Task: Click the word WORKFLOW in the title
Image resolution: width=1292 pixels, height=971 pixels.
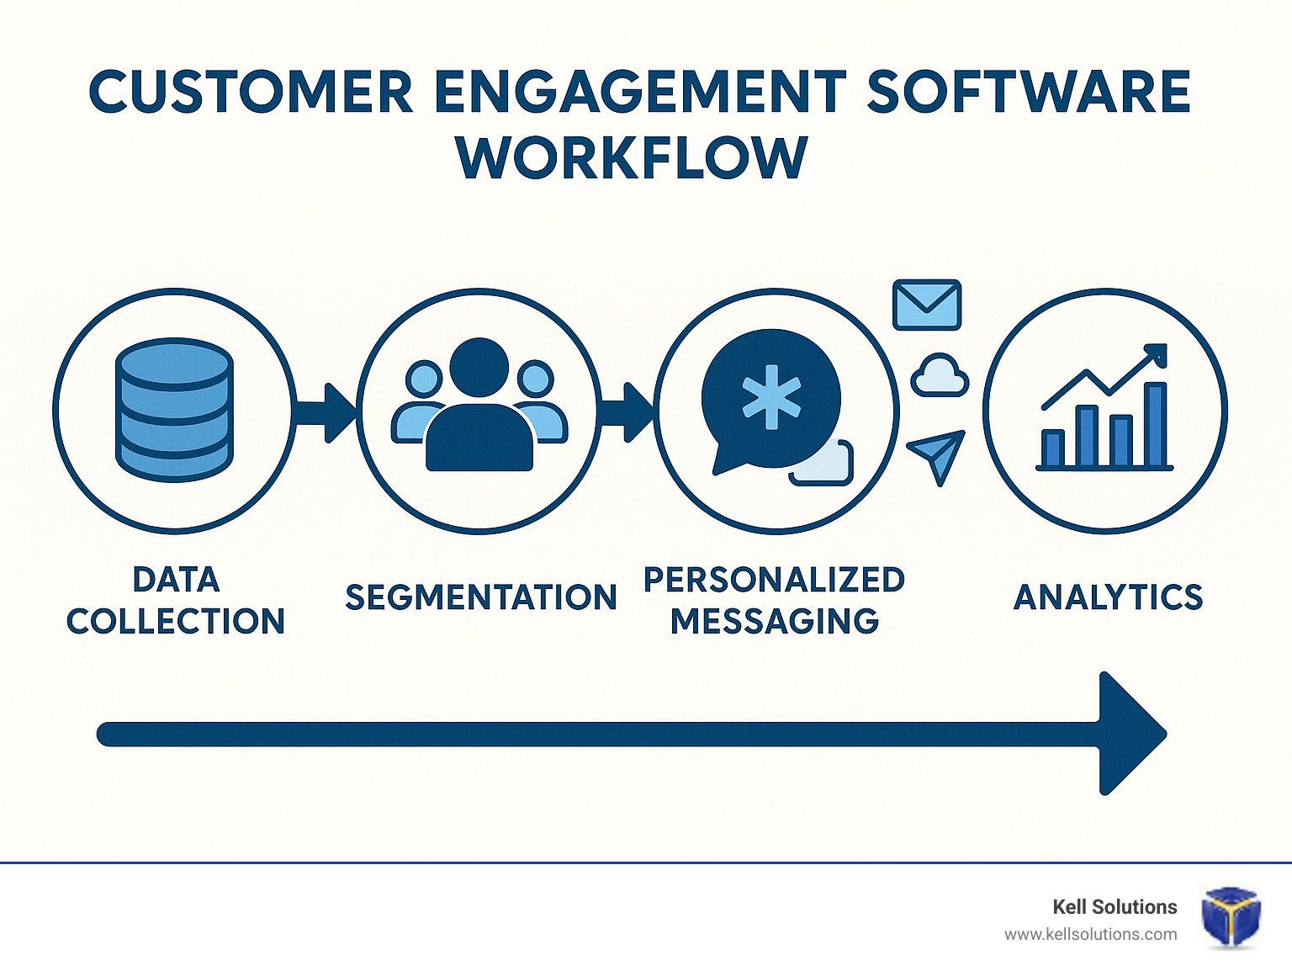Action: [x=633, y=157]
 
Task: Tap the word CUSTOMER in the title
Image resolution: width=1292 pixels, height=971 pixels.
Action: [x=251, y=91]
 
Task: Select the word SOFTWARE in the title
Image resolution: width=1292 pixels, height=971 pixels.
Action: [x=1030, y=91]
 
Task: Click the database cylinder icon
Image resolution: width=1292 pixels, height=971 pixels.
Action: [x=174, y=410]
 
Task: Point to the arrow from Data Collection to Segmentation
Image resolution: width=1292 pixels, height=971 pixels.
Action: [x=326, y=412]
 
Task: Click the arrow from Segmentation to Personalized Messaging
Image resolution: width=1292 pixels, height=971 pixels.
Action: [x=627, y=412]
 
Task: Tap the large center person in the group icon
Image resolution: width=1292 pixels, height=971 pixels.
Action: [x=479, y=405]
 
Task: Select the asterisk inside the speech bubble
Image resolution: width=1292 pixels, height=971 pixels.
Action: [x=771, y=397]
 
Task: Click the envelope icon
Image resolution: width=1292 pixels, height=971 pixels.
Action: [x=927, y=305]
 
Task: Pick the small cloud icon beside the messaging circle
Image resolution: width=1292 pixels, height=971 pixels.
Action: [x=940, y=375]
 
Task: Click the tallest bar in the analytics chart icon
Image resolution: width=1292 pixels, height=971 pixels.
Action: [x=1156, y=425]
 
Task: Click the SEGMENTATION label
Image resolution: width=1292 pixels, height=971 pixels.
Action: [x=481, y=597]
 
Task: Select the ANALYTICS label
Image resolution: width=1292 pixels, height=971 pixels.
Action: [x=1108, y=597]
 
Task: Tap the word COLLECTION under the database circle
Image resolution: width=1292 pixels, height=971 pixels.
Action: [x=176, y=621]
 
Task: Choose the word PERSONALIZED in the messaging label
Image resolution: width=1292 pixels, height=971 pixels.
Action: [x=774, y=580]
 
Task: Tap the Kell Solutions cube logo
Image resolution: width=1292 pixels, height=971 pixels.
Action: [x=1231, y=916]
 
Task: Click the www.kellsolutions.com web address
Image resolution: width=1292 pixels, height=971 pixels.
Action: [x=1091, y=935]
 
